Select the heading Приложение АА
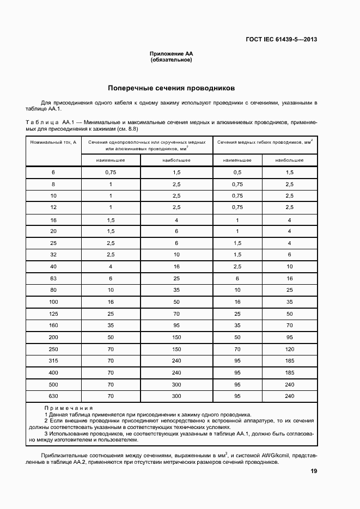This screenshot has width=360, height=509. coord(171,53)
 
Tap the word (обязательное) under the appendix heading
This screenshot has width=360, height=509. coord(171,59)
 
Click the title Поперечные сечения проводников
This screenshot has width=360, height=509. coord(171,88)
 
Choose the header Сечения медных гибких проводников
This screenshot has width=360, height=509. coord(265,142)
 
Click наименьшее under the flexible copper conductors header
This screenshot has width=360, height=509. coord(237,161)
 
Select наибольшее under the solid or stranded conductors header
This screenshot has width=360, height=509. coord(176,161)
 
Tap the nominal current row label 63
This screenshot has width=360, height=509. coord(53,278)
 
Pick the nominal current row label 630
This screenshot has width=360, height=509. coord(53,396)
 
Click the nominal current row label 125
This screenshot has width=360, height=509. coord(53,314)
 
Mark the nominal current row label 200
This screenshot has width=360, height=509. coord(53,337)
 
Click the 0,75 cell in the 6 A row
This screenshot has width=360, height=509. coord(111,172)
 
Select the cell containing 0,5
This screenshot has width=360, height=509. coord(237,172)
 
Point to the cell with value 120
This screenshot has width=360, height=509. coord(289,349)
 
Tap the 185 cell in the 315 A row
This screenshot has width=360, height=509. coord(289,360)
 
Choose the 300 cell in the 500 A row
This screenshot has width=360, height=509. coord(176,384)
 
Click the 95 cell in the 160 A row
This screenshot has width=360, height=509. coord(176,326)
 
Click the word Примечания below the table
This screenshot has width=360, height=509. coord(68,408)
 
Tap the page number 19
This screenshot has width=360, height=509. coord(314,471)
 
